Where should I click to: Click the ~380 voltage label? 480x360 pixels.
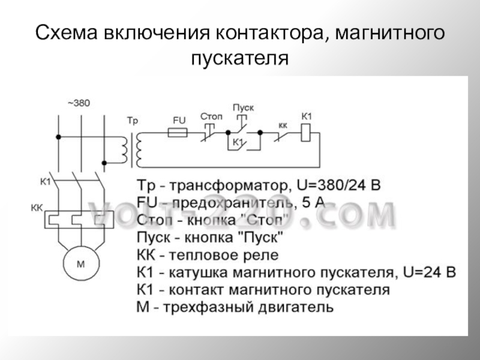click(78, 103)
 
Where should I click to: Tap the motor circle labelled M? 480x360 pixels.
click(81, 263)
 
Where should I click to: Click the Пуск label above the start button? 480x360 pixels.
click(243, 107)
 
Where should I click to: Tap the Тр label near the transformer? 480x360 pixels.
click(133, 121)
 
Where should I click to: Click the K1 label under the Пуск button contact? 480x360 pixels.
click(237, 142)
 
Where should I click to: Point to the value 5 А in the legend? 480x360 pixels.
click(313, 202)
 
